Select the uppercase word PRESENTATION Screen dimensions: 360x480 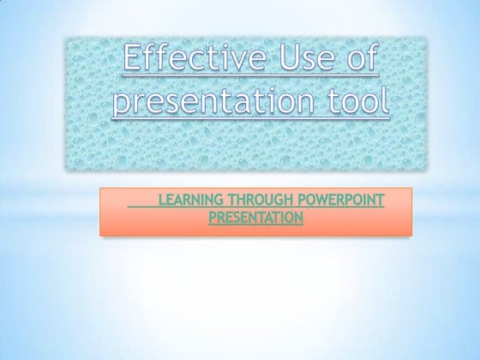coord(255,219)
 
